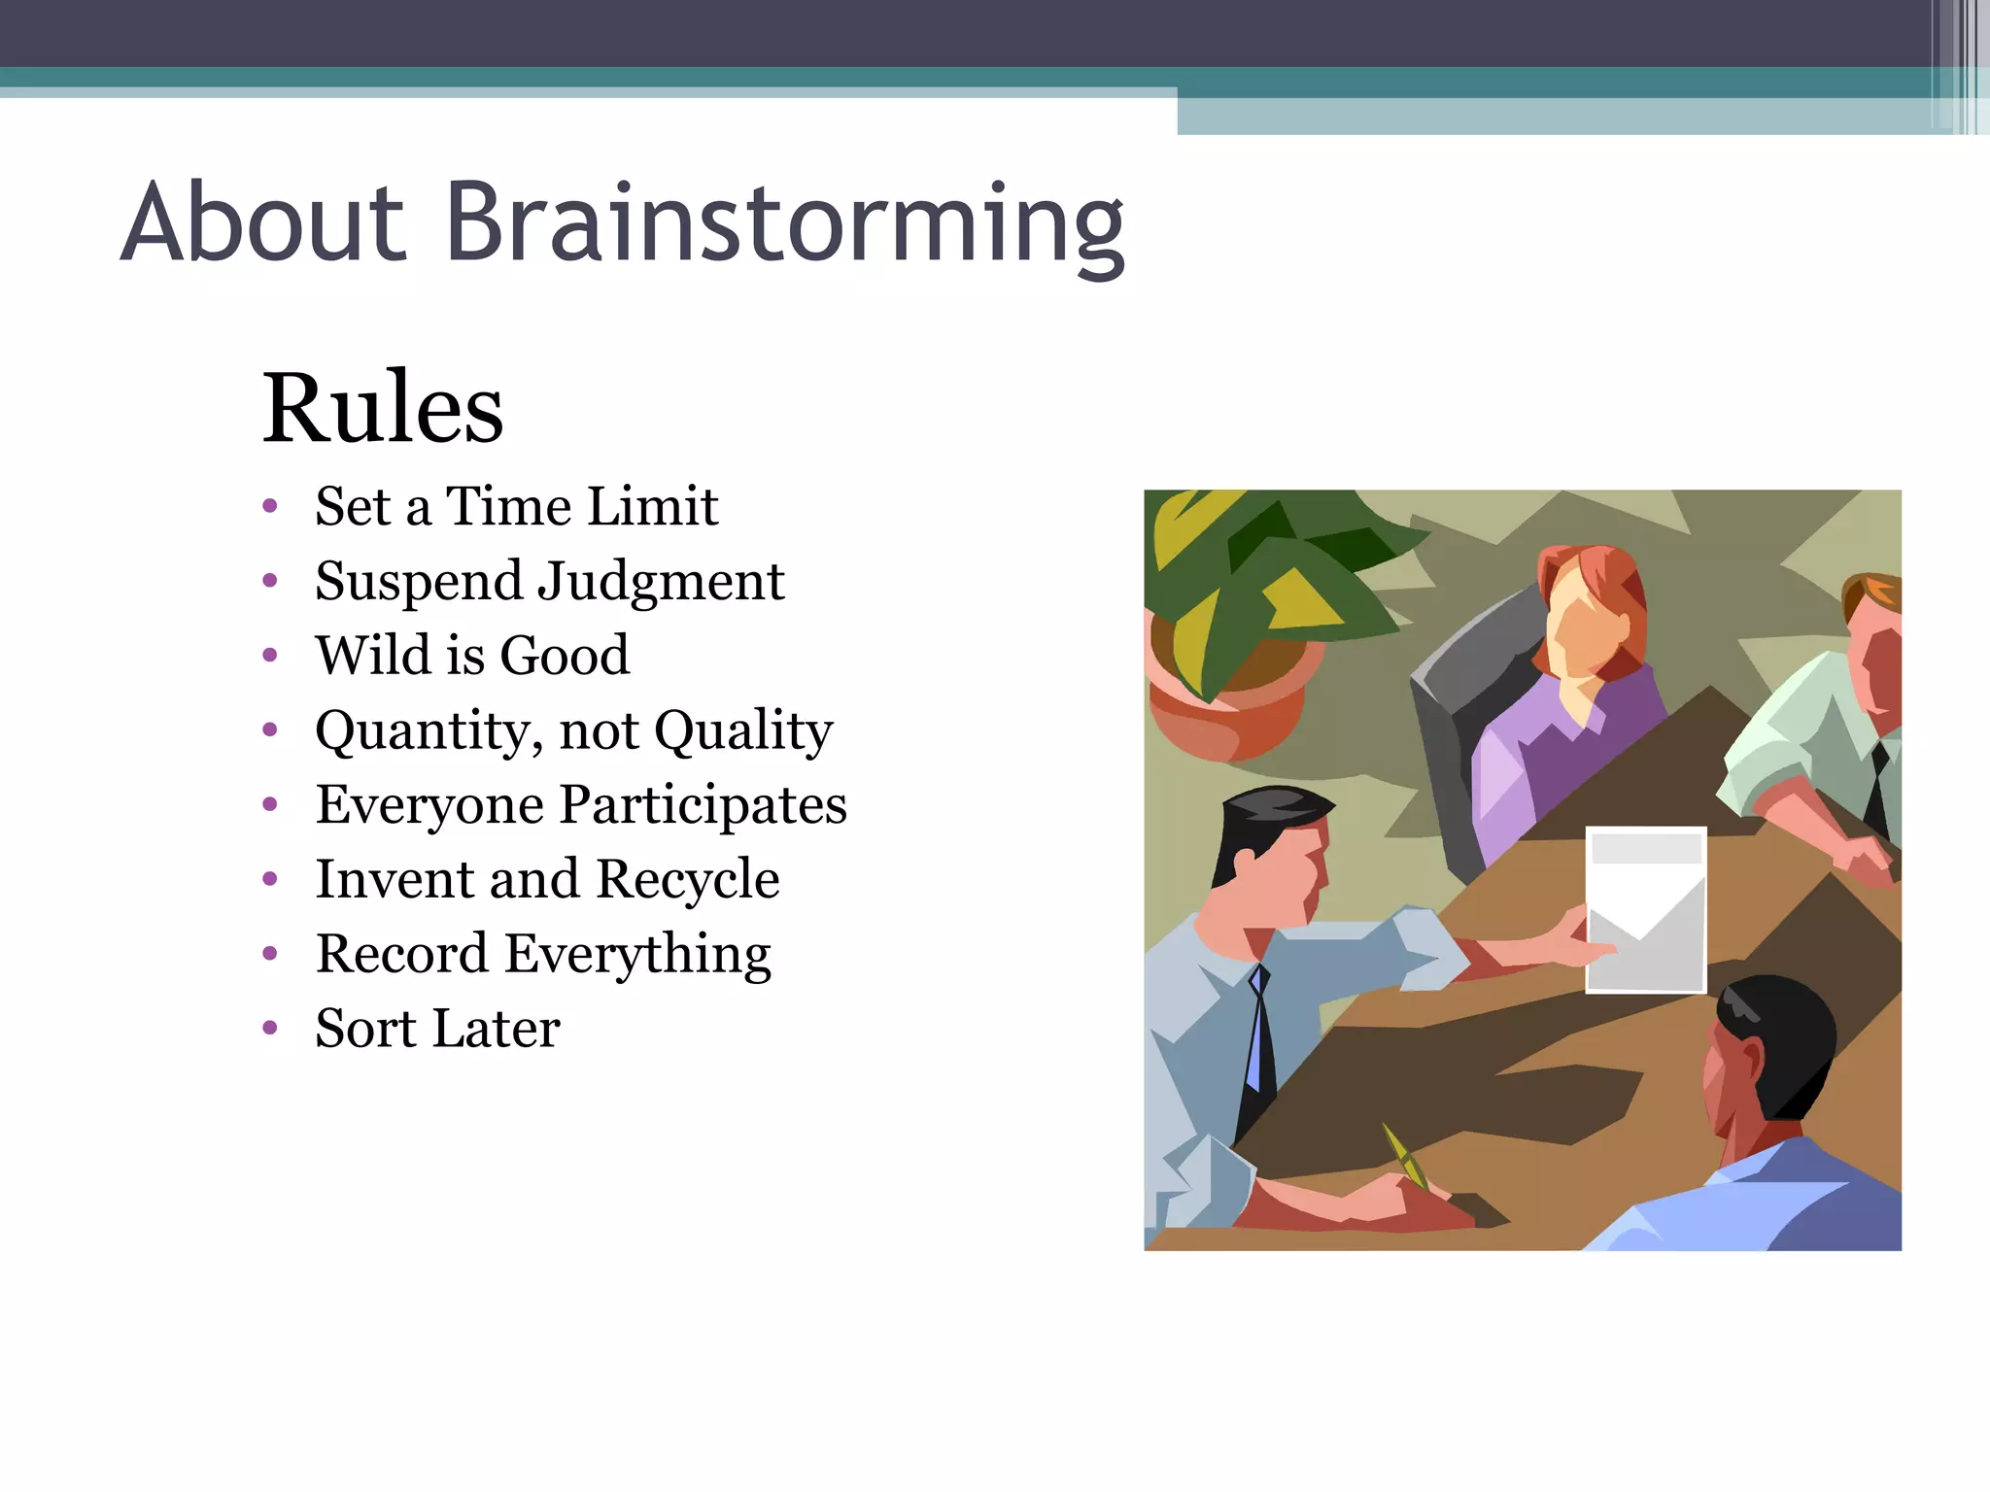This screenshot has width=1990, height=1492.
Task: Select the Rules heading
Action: point(383,408)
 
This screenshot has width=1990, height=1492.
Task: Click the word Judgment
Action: point(661,583)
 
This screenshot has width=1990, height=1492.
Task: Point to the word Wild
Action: point(372,656)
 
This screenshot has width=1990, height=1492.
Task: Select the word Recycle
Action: point(687,880)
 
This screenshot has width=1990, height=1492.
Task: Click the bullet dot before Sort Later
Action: point(270,1028)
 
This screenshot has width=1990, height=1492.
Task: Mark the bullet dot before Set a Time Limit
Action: point(270,506)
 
